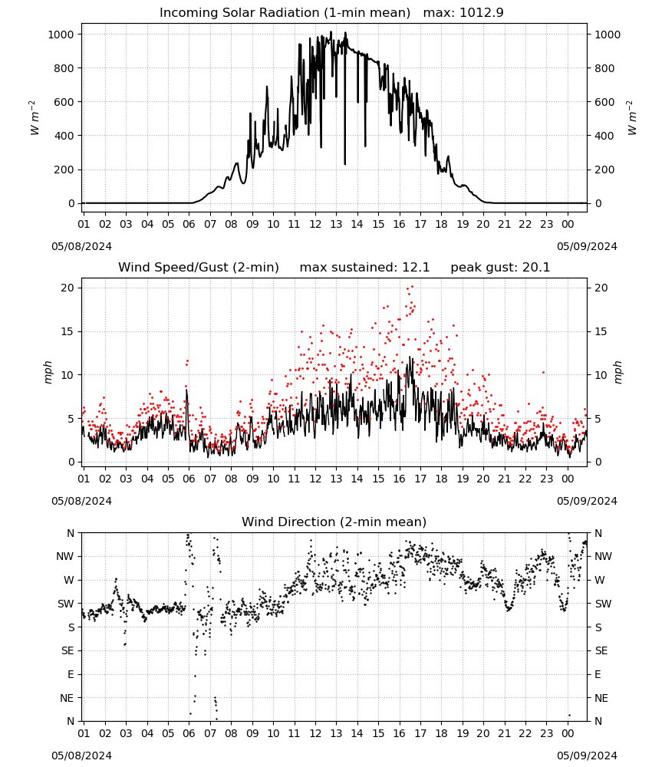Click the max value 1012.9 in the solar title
pyautogui.click(x=481, y=12)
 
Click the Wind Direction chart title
pyautogui.click(x=334, y=522)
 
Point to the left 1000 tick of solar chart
pyautogui.click(x=61, y=35)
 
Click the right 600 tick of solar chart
pyautogui.click(x=604, y=102)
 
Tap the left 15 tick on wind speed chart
pyautogui.click(x=68, y=331)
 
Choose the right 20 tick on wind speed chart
pyautogui.click(x=601, y=288)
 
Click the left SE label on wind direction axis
pyautogui.click(x=68, y=650)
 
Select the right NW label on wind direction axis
pyautogui.click(x=603, y=556)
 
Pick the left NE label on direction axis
pyautogui.click(x=67, y=698)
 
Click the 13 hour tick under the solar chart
pyautogui.click(x=336, y=224)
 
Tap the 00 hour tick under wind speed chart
pyautogui.click(x=568, y=479)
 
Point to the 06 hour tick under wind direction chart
pyautogui.click(x=189, y=733)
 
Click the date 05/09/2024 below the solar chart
pyautogui.click(x=587, y=246)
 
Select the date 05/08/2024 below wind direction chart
pyautogui.click(x=81, y=755)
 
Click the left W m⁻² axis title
pyautogui.click(x=34, y=117)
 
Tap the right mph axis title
pyautogui.click(x=617, y=372)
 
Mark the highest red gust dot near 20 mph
pyautogui.click(x=413, y=287)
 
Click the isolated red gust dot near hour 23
pyautogui.click(x=543, y=372)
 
